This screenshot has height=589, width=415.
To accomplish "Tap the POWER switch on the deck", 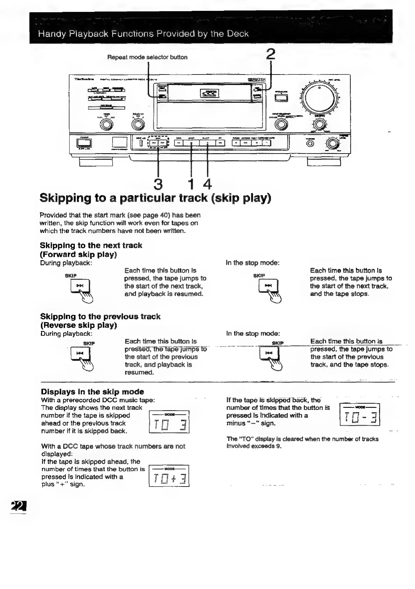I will click(x=84, y=143).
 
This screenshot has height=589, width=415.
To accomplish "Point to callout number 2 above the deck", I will click(x=270, y=55).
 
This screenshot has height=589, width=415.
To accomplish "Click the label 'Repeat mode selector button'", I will click(x=147, y=57).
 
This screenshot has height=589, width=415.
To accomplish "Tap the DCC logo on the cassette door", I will click(x=209, y=93).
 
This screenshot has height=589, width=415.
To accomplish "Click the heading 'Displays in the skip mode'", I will click(x=92, y=392).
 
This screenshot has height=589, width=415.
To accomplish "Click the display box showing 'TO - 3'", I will click(x=360, y=414).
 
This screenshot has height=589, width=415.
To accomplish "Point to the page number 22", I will click(x=19, y=506).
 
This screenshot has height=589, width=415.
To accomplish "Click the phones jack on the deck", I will click(x=310, y=144).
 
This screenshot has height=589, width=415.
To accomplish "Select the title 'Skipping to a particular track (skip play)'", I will click(x=155, y=198).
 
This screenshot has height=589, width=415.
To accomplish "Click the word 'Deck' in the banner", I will click(x=238, y=34).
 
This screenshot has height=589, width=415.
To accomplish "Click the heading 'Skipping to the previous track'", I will click(x=100, y=317).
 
